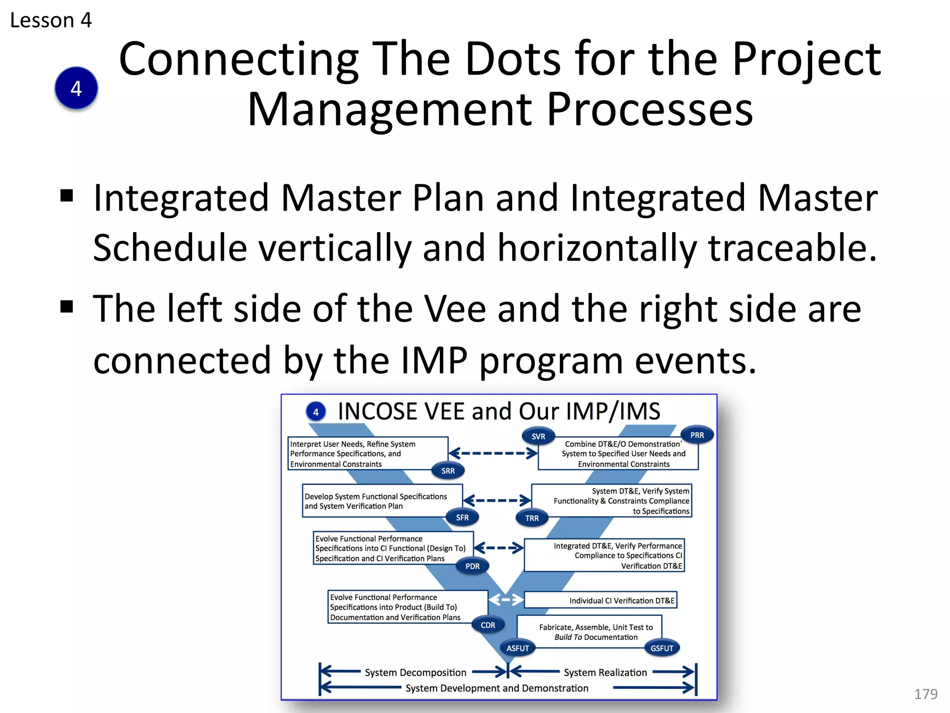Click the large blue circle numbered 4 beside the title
click(x=76, y=88)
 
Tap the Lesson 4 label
click(x=51, y=20)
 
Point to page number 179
click(x=925, y=694)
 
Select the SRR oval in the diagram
click(x=448, y=471)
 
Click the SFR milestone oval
click(x=462, y=517)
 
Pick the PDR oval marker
click(x=472, y=566)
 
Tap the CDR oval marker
click(x=488, y=625)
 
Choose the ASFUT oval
click(x=517, y=648)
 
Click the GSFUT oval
click(x=661, y=648)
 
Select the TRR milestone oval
click(x=532, y=518)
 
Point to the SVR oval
click(x=538, y=436)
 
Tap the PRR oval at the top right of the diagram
click(x=697, y=435)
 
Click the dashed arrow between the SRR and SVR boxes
click(x=493, y=453)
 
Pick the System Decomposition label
click(x=415, y=672)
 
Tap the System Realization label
click(x=605, y=672)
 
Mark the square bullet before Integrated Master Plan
click(x=67, y=196)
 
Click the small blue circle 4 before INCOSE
click(x=316, y=412)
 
